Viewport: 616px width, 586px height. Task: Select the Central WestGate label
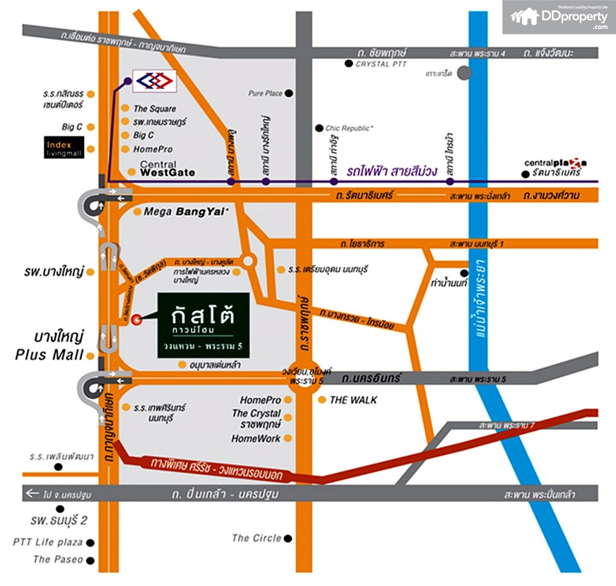click(x=167, y=168)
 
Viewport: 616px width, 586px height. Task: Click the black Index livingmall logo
click(x=65, y=148)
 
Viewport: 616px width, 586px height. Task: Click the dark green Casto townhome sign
click(x=203, y=325)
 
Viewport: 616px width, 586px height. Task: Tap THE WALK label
click(x=353, y=399)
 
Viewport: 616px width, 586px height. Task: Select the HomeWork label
click(x=256, y=439)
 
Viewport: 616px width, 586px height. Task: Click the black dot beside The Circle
click(x=289, y=538)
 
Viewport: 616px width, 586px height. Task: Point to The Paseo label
click(x=58, y=560)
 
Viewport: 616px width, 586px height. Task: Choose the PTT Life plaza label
click(x=48, y=542)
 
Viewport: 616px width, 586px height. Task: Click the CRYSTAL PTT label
click(x=381, y=64)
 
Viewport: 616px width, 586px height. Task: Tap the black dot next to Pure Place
click(x=289, y=93)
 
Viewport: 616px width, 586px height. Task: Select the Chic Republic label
click(x=349, y=128)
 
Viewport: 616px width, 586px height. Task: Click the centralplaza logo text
click(x=555, y=162)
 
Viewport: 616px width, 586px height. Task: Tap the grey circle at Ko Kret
click(x=464, y=73)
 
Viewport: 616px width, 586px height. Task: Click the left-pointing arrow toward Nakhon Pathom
click(x=32, y=494)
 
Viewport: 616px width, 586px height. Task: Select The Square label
click(x=155, y=109)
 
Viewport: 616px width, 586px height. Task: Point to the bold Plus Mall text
click(x=49, y=355)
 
